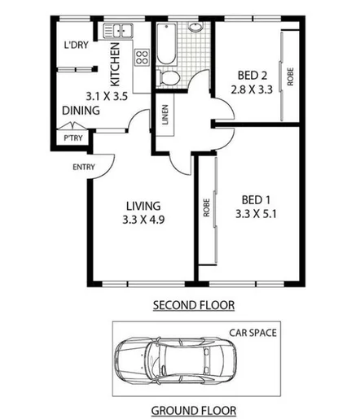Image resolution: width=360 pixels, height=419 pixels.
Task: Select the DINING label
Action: click(81, 111)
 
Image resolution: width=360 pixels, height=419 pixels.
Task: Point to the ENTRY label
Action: click(84, 168)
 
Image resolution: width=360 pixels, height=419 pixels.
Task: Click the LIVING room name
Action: click(143, 205)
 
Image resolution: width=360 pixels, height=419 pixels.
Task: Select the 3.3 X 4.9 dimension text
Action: click(143, 220)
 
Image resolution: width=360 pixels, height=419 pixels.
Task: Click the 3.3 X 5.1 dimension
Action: click(255, 215)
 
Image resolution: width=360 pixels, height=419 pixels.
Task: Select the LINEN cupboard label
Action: click(165, 118)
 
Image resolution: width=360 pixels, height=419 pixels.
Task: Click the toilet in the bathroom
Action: click(171, 77)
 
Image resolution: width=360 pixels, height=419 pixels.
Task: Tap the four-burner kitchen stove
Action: click(141, 59)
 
